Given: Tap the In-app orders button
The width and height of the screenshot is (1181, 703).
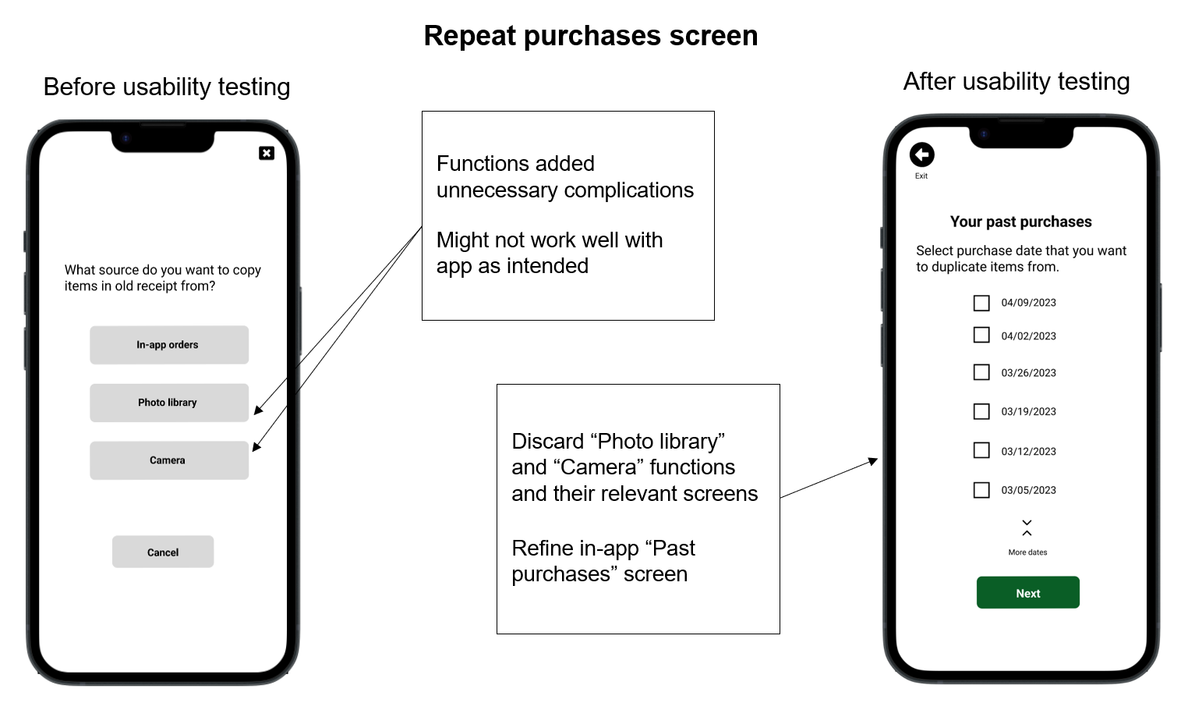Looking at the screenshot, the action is [x=168, y=345].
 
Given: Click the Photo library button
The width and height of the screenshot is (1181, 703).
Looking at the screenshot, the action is [x=168, y=403].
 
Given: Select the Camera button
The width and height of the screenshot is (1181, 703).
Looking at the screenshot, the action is [x=168, y=460].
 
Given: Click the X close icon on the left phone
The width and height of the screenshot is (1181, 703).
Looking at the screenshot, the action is [x=267, y=153].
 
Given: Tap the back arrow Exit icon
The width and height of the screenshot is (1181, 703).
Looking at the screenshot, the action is [x=921, y=155].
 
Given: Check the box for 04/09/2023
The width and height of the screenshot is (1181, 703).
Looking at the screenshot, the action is [x=981, y=303].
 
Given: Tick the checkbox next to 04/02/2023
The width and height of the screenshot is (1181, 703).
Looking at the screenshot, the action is [x=981, y=336].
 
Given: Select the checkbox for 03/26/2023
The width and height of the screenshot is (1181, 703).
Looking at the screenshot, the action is [x=981, y=372].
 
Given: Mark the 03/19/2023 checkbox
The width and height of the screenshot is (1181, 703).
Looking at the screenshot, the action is [x=981, y=411].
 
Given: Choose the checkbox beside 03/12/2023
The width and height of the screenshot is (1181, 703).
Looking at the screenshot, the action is [x=981, y=450].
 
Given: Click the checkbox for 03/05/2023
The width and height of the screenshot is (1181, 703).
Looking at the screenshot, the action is [x=981, y=490].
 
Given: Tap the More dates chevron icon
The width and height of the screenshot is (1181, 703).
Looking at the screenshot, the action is [x=1027, y=528].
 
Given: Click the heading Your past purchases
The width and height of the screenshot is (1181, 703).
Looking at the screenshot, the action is [x=1020, y=222].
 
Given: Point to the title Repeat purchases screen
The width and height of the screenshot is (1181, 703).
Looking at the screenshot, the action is [x=590, y=36].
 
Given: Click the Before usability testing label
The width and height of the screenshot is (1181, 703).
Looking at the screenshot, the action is [x=167, y=87].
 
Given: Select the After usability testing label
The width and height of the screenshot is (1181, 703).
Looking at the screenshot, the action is [x=1016, y=81].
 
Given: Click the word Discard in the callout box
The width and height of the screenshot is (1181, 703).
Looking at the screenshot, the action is [x=547, y=442].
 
